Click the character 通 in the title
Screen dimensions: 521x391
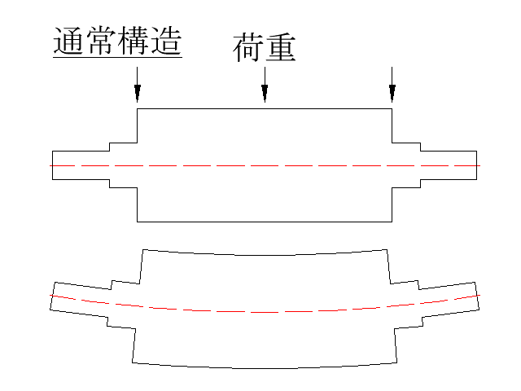point(68,41)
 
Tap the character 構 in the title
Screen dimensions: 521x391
point(134,41)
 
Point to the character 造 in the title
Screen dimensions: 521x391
point(166,41)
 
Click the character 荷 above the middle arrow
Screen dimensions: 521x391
point(248,47)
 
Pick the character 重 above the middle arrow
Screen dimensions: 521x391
point(281,47)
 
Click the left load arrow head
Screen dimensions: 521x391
point(138,92)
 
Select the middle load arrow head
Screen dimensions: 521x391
point(265,92)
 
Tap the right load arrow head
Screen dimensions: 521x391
point(392,92)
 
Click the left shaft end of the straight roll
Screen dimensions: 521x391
point(52,165)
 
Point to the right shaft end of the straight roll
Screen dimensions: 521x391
point(477,165)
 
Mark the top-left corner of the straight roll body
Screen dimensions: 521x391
point(138,108)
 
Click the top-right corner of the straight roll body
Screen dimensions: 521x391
point(392,108)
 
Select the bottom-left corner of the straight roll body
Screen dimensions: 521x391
point(138,222)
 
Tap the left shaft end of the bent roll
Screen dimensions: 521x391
point(52,296)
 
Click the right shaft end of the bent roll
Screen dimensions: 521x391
point(477,296)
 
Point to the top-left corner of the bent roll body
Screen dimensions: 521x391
point(143,249)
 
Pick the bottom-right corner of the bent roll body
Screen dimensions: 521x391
point(397,362)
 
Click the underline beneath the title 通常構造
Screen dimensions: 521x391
point(117,58)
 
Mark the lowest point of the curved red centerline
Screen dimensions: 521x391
point(265,313)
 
